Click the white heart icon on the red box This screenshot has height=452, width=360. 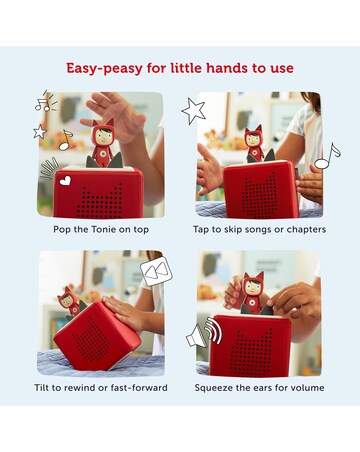click(x=65, y=180)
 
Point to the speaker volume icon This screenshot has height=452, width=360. click(x=204, y=333)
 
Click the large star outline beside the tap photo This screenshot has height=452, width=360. click(x=193, y=110)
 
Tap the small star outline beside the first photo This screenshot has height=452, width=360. click(x=40, y=132)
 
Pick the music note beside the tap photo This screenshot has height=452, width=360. click(x=328, y=156)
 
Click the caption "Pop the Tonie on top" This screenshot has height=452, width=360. click(x=101, y=230)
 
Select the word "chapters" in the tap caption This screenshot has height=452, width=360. click(x=306, y=229)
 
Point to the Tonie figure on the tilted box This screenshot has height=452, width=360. click(x=69, y=301)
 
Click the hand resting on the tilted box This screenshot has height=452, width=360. click(x=125, y=312)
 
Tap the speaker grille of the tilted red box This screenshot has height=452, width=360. click(x=91, y=340)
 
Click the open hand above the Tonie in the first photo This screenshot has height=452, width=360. click(x=115, y=117)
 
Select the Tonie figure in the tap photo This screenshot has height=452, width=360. click(x=255, y=144)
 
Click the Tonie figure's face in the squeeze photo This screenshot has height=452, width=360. click(x=251, y=288)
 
